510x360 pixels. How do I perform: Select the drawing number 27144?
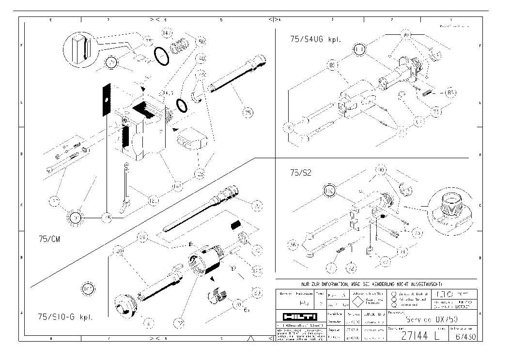(x=413, y=336)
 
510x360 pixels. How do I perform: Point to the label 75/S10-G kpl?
(x=65, y=317)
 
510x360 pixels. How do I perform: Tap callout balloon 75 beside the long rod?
(x=247, y=113)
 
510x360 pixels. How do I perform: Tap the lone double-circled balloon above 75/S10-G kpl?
(x=87, y=289)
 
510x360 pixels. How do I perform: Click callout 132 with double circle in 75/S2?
(x=330, y=190)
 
